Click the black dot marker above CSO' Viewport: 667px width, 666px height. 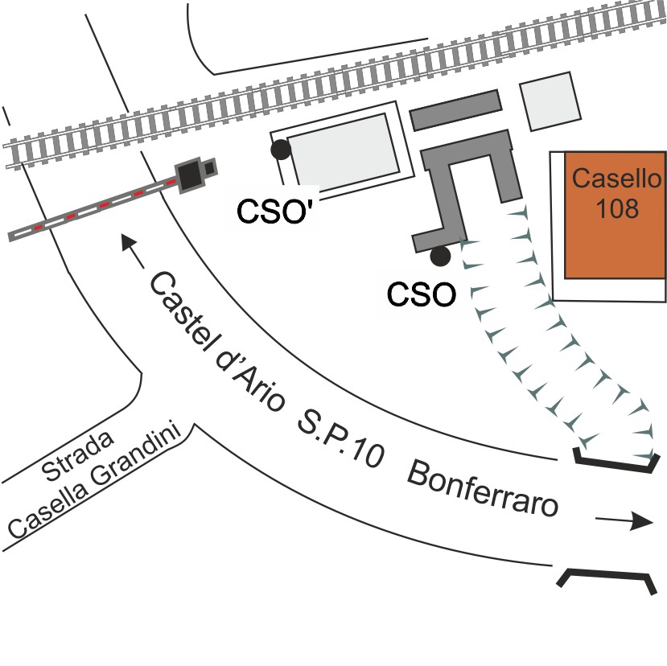(280, 149)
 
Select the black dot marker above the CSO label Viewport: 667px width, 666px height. (439, 257)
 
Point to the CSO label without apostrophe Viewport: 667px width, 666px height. (422, 294)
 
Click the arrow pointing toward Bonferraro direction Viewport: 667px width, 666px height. (624, 521)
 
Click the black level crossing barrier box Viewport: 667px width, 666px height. (191, 174)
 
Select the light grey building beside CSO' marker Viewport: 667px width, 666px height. (344, 150)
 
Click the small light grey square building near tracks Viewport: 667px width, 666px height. (550, 101)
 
